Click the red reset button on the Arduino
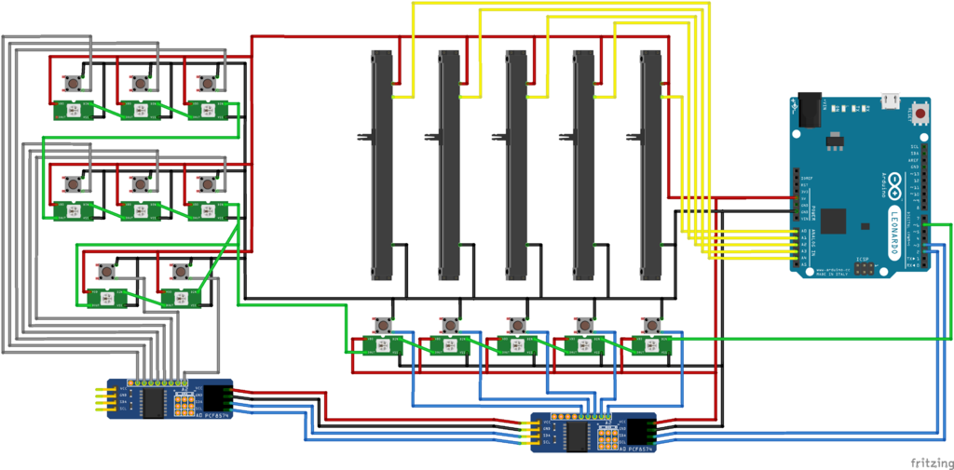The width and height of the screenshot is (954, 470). click(921, 114)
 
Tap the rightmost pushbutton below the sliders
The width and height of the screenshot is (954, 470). click(651, 325)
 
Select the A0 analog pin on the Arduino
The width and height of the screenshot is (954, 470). click(795, 232)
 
